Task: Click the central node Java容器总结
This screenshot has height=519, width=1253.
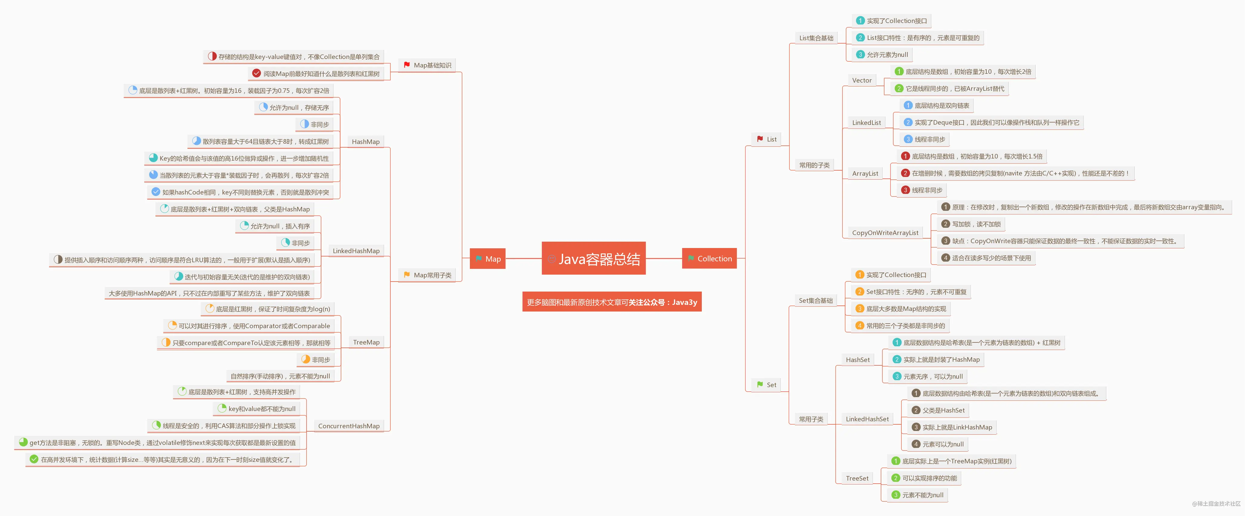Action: coord(594,258)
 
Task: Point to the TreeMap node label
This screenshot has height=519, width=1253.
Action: coord(366,342)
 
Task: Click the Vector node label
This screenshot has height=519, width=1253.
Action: coord(862,80)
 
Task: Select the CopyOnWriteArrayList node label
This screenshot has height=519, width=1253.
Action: coord(885,233)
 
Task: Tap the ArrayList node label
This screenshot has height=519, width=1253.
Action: coord(865,174)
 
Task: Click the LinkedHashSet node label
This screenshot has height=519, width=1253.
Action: coord(867,419)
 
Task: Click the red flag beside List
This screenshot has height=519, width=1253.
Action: coord(760,139)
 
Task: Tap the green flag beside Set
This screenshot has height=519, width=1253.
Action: coord(760,385)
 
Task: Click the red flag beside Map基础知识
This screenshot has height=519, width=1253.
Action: coord(407,65)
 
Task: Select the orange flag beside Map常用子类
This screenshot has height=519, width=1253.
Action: coord(407,275)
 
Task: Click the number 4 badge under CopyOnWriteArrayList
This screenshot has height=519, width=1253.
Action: coord(945,258)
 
